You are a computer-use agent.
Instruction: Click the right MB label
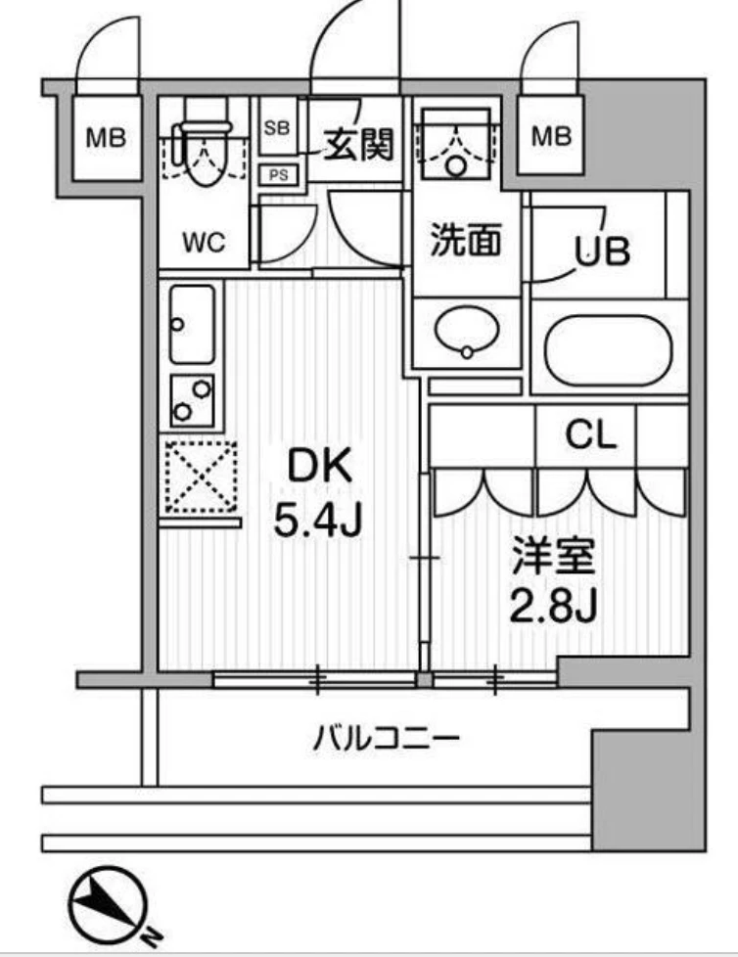551,137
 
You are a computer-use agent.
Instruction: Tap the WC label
204,243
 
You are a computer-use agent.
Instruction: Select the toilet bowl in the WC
205,157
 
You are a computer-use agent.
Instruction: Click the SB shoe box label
277,127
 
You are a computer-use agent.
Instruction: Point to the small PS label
277,176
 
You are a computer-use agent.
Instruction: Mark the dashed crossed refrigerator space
201,477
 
